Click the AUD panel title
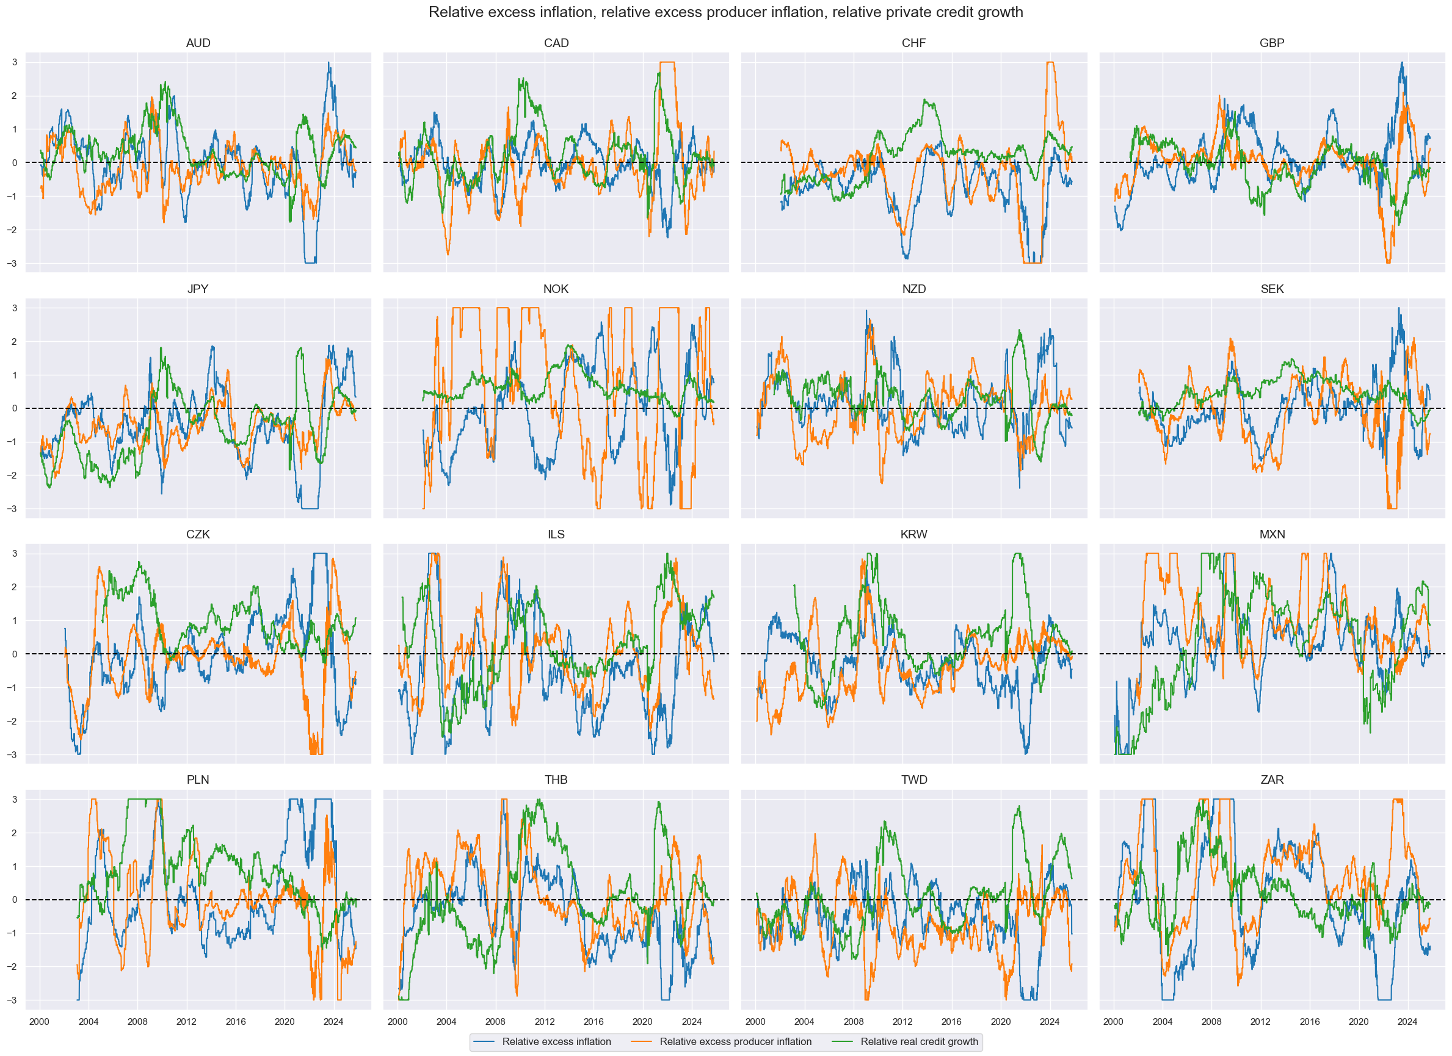coord(198,43)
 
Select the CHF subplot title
coord(913,43)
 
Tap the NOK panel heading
coord(556,289)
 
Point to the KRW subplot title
coord(913,534)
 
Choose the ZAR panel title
coord(1271,780)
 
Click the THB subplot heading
coord(556,780)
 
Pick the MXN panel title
coord(1271,534)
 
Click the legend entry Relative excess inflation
coord(556,1042)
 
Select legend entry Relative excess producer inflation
coord(735,1042)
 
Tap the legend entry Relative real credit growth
coord(919,1042)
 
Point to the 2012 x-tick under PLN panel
coord(186,1022)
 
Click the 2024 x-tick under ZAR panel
coord(1407,1022)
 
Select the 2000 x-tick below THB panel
coord(397,1022)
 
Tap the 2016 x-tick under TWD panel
coord(951,1022)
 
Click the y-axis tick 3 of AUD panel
coord(15,63)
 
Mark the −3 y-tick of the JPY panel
coord(13,509)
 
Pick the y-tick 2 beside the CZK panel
coord(15,587)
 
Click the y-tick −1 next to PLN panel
coord(13,933)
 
